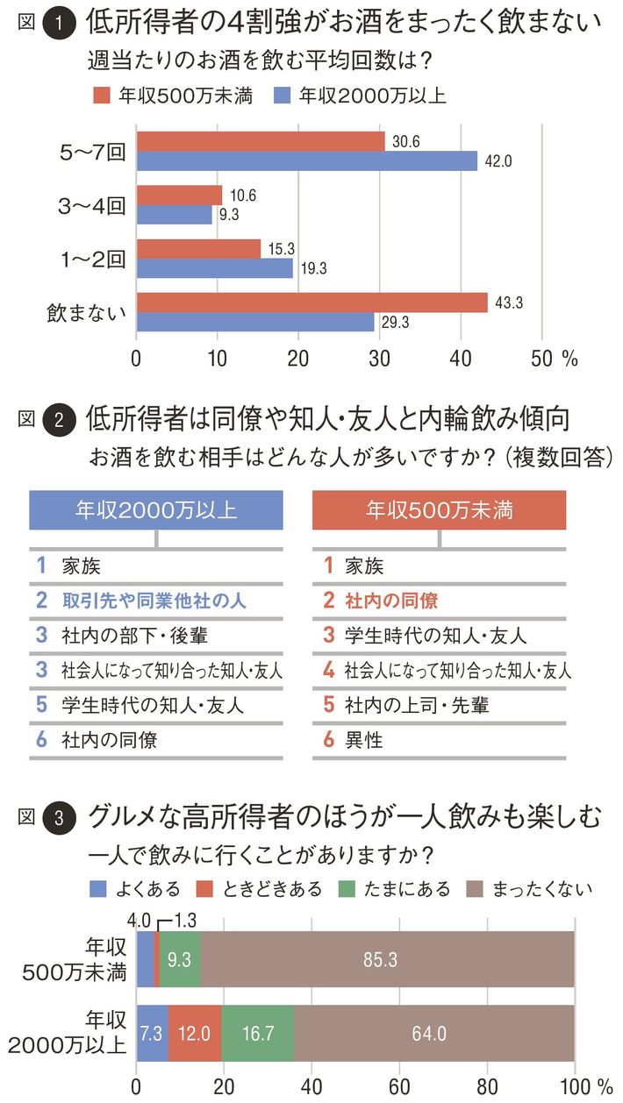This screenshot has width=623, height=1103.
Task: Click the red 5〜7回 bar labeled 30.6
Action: [x=260, y=141]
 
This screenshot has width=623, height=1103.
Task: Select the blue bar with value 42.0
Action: [x=306, y=160]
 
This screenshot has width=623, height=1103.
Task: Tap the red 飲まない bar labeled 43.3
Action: [x=311, y=302]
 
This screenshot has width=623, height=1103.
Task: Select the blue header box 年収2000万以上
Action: [x=156, y=509]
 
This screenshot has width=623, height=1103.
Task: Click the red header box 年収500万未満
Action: [x=440, y=509]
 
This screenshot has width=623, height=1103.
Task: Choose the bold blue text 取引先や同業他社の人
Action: [x=154, y=601]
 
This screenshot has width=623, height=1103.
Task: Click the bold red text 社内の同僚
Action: [x=390, y=601]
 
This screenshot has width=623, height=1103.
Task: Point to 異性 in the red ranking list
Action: [x=364, y=739]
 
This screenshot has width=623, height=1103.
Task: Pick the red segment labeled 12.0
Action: [x=195, y=1033]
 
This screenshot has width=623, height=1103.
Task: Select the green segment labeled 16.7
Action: [x=258, y=1033]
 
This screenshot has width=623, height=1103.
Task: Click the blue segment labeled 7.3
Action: [x=152, y=1033]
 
